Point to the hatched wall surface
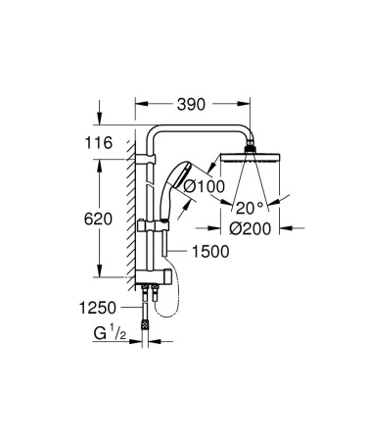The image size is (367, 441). click(128, 216)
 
